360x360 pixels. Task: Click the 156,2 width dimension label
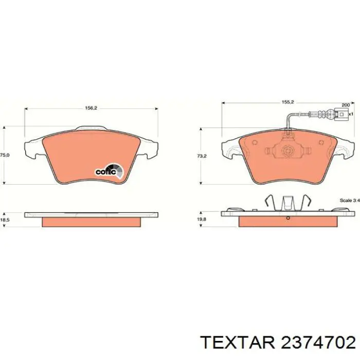pos(91,109)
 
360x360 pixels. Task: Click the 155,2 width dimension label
pos(288,102)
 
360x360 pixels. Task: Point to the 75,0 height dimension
pos(4,154)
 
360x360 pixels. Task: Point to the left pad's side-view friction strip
pos(91,222)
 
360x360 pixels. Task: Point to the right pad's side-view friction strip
pos(288,221)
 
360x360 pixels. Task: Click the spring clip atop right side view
pos(287,202)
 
